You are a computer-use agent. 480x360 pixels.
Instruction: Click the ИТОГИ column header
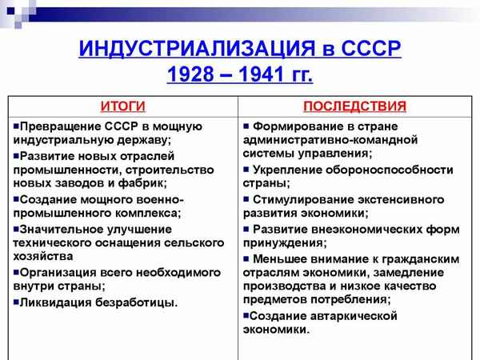pos(122,106)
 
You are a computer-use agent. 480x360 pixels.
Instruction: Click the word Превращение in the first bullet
pos(58,126)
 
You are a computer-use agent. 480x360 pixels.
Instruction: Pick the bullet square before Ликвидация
pos(16,302)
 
